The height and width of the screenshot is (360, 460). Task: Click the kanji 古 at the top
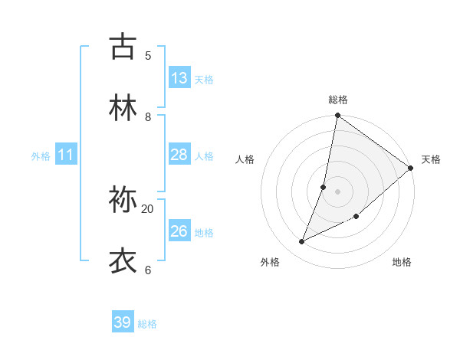(x=123, y=47)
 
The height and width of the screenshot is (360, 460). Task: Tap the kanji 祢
(x=123, y=201)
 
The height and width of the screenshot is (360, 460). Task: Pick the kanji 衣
(x=123, y=261)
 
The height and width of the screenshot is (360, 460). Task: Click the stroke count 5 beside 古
(x=148, y=55)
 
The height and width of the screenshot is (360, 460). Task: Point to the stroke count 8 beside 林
(x=148, y=116)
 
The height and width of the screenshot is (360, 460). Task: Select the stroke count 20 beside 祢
(x=148, y=208)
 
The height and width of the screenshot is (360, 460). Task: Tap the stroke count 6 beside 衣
(x=148, y=270)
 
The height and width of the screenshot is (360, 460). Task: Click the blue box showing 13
(x=179, y=78)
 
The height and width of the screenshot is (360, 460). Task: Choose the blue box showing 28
(x=179, y=155)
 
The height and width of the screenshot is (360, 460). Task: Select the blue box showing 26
(x=179, y=231)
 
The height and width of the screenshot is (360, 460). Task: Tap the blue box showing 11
(x=66, y=155)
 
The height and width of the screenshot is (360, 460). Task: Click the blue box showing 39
(x=123, y=322)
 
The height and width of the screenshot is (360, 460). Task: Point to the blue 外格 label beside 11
(x=41, y=156)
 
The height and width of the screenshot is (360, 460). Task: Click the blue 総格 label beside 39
(x=147, y=324)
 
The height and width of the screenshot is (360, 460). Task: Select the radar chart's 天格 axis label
(x=431, y=159)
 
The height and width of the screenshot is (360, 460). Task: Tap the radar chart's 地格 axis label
(x=402, y=263)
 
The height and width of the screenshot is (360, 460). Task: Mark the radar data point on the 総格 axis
(x=337, y=116)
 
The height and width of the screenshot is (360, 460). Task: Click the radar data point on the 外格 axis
(x=302, y=242)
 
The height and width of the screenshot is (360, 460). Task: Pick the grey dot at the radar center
(x=337, y=191)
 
